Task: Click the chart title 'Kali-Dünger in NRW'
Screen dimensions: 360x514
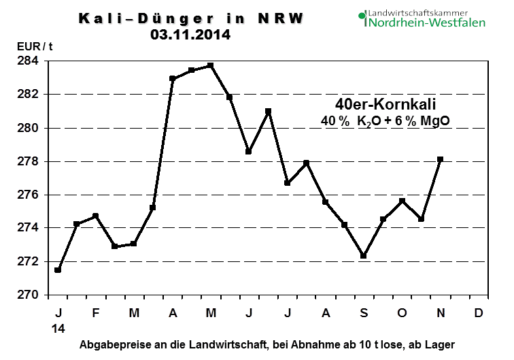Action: [x=190, y=18]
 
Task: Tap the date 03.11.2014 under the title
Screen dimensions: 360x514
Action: [x=190, y=34]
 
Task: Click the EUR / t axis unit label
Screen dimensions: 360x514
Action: [x=34, y=48]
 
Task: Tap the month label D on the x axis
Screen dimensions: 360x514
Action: [x=479, y=313]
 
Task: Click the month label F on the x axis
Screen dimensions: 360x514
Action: [x=95, y=313]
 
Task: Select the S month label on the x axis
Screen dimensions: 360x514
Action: [x=364, y=313]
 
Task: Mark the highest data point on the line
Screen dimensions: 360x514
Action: [x=211, y=65]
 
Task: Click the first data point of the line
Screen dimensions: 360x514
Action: [x=58, y=270]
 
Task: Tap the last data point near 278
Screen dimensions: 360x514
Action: [x=441, y=159]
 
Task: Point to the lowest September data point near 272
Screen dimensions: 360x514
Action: [x=364, y=256]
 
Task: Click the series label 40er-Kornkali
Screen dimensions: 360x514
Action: [x=385, y=105]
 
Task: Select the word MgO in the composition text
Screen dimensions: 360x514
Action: [x=436, y=121]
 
